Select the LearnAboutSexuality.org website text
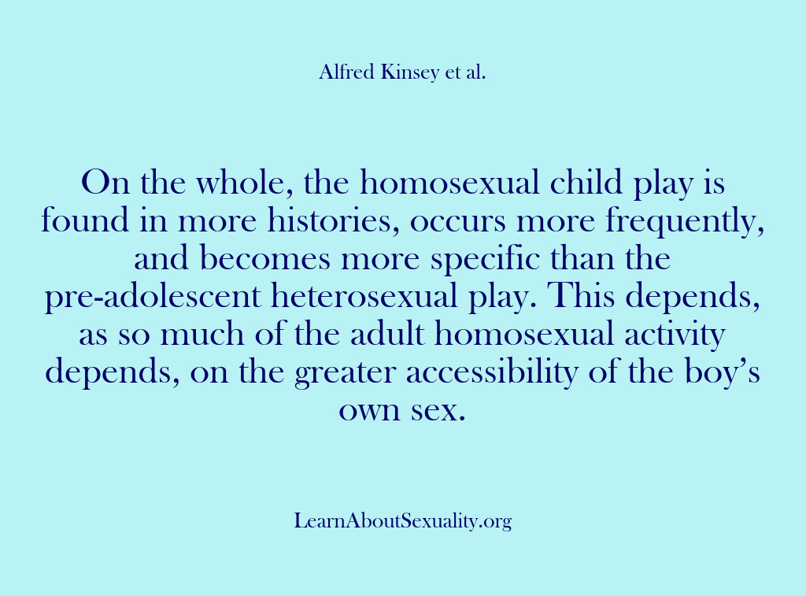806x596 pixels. (x=402, y=521)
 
